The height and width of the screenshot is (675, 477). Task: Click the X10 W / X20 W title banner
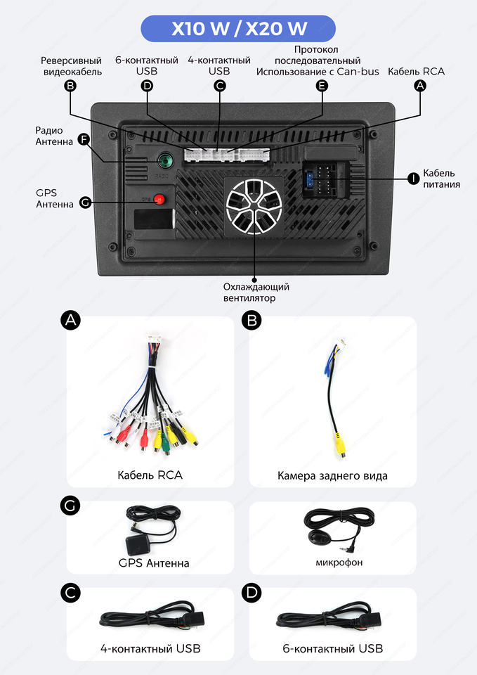(238, 29)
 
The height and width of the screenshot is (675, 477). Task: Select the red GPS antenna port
(161, 199)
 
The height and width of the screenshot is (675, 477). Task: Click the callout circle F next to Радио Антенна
(84, 139)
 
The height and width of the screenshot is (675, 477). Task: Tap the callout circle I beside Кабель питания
(414, 179)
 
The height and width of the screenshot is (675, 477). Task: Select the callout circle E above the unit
(322, 86)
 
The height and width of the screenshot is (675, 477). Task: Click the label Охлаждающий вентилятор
(256, 292)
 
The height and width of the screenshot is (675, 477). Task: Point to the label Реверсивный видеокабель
(71, 66)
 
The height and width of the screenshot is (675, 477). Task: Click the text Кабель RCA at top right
(416, 71)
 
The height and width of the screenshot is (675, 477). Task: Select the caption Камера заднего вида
(332, 476)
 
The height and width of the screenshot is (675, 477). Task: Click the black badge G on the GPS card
(71, 506)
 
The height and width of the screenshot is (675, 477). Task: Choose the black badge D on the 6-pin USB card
(251, 593)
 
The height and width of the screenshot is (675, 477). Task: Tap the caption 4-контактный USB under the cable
(150, 648)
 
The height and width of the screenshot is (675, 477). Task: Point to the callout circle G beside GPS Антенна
(85, 202)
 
